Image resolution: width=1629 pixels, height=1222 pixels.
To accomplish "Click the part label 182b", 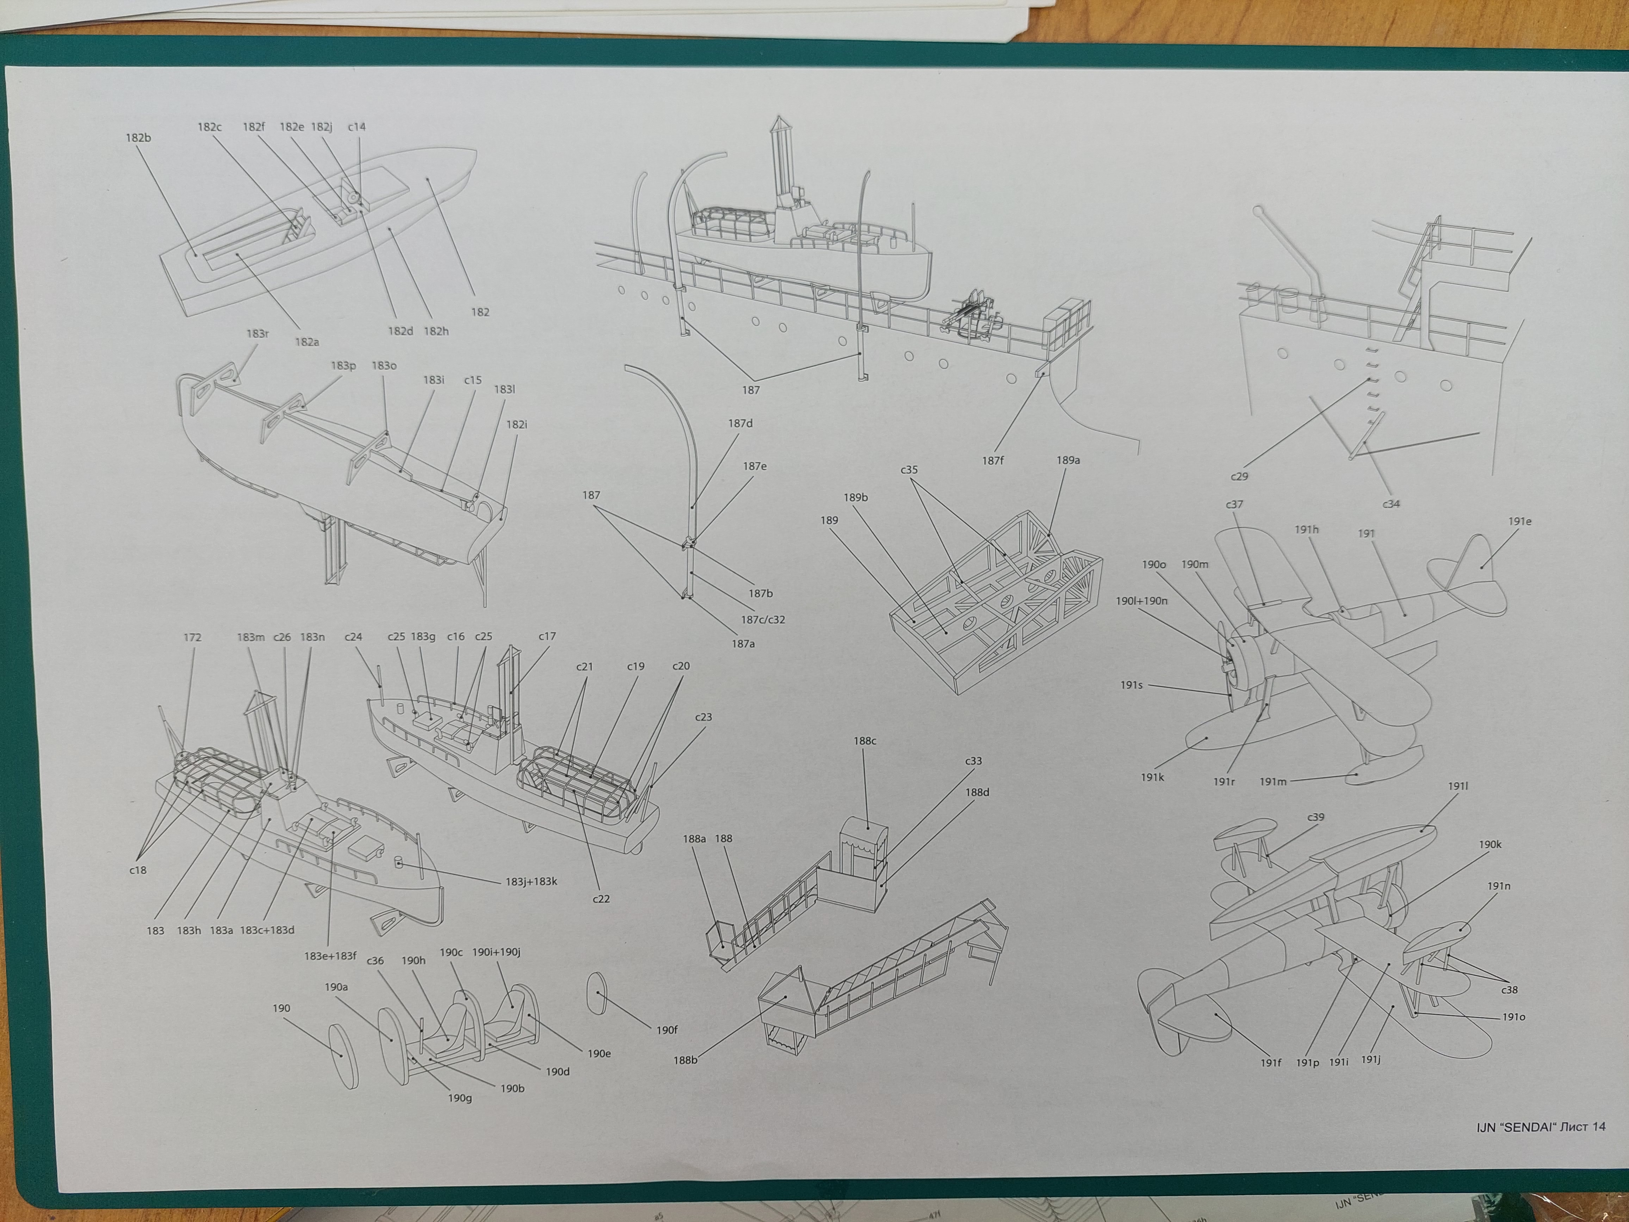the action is [x=138, y=138].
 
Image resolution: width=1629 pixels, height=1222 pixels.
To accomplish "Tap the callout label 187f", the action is [x=993, y=461].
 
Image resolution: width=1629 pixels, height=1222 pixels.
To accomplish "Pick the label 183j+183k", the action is [x=531, y=881].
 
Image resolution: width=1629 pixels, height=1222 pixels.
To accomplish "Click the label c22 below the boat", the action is [x=601, y=899].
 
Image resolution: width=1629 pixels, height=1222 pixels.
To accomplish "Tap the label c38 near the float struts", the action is [x=1509, y=990].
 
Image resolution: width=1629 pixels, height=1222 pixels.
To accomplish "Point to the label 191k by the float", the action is [x=1153, y=777].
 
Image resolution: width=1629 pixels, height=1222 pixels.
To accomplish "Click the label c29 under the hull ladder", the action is [x=1239, y=476].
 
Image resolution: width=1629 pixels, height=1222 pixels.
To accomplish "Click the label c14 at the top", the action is [x=357, y=127].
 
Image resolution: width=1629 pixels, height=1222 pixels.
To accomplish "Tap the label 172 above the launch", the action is [x=192, y=637].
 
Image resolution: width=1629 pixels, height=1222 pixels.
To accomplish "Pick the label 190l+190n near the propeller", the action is [x=1141, y=600].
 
